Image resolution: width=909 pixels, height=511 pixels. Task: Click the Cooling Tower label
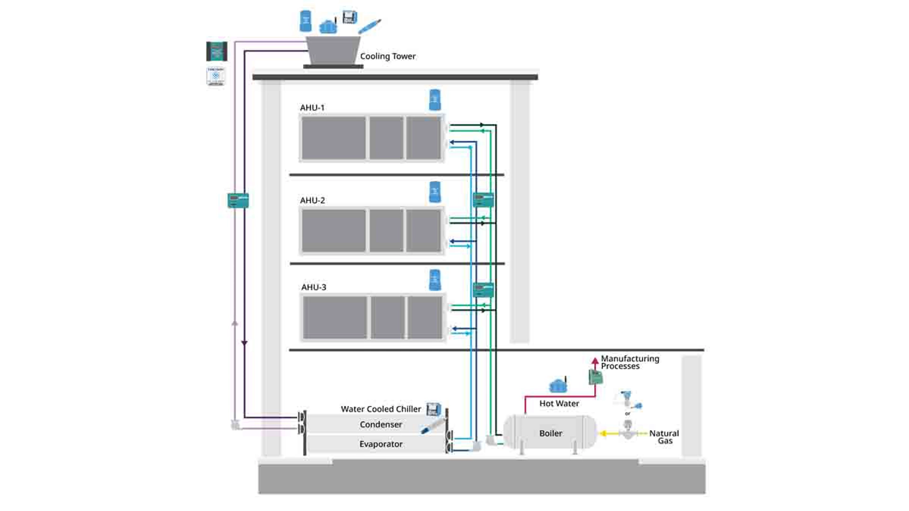pyautogui.click(x=387, y=56)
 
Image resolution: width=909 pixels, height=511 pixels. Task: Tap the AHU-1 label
pyautogui.click(x=312, y=108)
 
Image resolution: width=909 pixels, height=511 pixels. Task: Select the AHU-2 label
pyautogui.click(x=312, y=201)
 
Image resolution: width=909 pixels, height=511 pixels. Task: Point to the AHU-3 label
pyautogui.click(x=313, y=287)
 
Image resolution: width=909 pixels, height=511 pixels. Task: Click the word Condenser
pyautogui.click(x=381, y=425)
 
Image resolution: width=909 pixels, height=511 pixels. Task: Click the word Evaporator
pyautogui.click(x=381, y=444)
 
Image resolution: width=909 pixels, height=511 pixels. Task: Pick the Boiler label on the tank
pyautogui.click(x=551, y=433)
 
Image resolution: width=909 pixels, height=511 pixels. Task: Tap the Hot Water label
pyautogui.click(x=559, y=404)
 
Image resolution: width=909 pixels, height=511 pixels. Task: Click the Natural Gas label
pyautogui.click(x=664, y=437)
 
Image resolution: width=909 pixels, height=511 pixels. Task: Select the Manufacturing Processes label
pyautogui.click(x=629, y=362)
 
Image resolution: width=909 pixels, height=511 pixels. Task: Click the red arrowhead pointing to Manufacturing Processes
pyautogui.click(x=595, y=361)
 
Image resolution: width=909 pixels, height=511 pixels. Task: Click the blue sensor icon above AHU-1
pyautogui.click(x=435, y=100)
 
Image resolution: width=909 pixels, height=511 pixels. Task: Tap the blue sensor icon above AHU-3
pyautogui.click(x=435, y=280)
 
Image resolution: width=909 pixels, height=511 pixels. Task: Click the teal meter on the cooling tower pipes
pyautogui.click(x=238, y=200)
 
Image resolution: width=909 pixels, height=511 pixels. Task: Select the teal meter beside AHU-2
pyautogui.click(x=483, y=200)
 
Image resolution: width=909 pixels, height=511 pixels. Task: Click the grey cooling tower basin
pyautogui.click(x=333, y=50)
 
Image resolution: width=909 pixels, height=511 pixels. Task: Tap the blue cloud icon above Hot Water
pyautogui.click(x=558, y=386)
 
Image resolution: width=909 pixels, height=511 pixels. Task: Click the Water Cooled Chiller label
pyautogui.click(x=381, y=409)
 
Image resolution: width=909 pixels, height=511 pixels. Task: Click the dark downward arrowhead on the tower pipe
pyautogui.click(x=244, y=343)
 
